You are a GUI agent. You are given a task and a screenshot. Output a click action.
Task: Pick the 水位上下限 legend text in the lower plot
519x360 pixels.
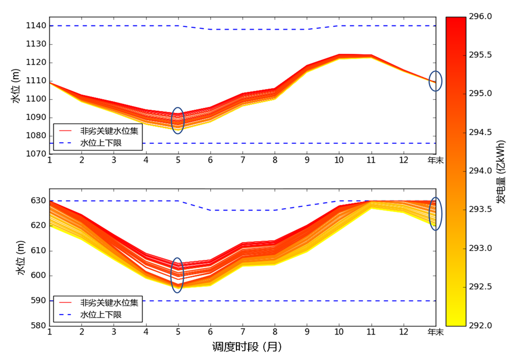tap(101, 315)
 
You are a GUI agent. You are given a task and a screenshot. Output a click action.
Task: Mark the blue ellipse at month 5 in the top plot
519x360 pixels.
tap(178, 121)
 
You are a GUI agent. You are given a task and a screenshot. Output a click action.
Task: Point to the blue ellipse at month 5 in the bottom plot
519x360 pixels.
tap(178, 275)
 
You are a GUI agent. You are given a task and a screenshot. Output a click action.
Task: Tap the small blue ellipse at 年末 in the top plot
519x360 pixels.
tap(435, 81)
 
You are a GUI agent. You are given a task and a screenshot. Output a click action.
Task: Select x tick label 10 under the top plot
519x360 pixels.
tap(339, 160)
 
